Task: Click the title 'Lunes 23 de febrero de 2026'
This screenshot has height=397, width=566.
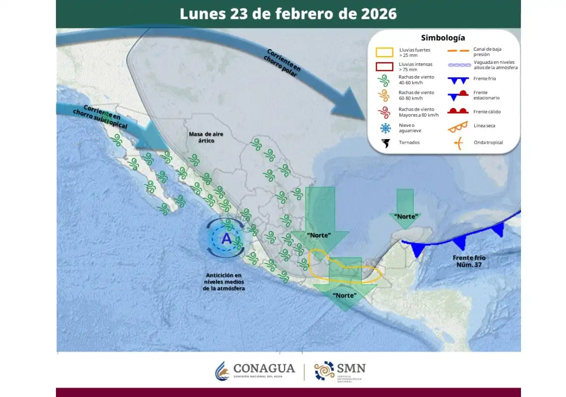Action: coord(288,14)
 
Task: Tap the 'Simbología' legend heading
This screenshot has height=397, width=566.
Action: coord(443,38)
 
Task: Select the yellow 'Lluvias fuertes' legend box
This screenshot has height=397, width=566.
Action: coord(384,52)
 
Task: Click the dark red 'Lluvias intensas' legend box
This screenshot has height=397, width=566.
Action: coord(384,66)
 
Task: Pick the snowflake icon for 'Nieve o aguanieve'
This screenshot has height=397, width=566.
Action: coord(385,128)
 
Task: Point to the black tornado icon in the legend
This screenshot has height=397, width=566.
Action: coord(385,143)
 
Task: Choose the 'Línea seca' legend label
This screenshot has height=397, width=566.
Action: coord(484,126)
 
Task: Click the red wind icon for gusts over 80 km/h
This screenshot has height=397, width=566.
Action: coord(385,112)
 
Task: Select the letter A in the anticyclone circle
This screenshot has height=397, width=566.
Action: coord(226,239)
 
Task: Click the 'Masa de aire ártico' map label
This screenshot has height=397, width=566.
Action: coord(202,137)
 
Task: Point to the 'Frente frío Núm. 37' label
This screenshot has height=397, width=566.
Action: coord(469,261)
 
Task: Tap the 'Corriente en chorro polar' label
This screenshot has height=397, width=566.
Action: coord(282,63)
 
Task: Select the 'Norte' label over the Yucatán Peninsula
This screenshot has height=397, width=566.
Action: coord(406,216)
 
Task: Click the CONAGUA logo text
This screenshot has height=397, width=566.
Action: coord(264,369)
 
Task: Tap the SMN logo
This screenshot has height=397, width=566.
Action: coord(340,371)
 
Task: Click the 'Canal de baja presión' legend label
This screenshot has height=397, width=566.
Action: coord(487,52)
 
